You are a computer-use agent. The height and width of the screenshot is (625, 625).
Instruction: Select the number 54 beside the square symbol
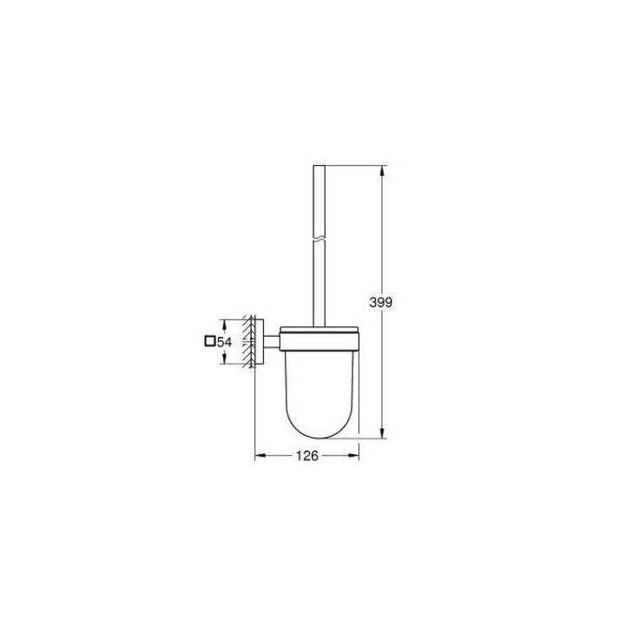pos(224,343)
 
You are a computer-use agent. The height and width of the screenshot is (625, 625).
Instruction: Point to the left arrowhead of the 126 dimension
pos(259,455)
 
